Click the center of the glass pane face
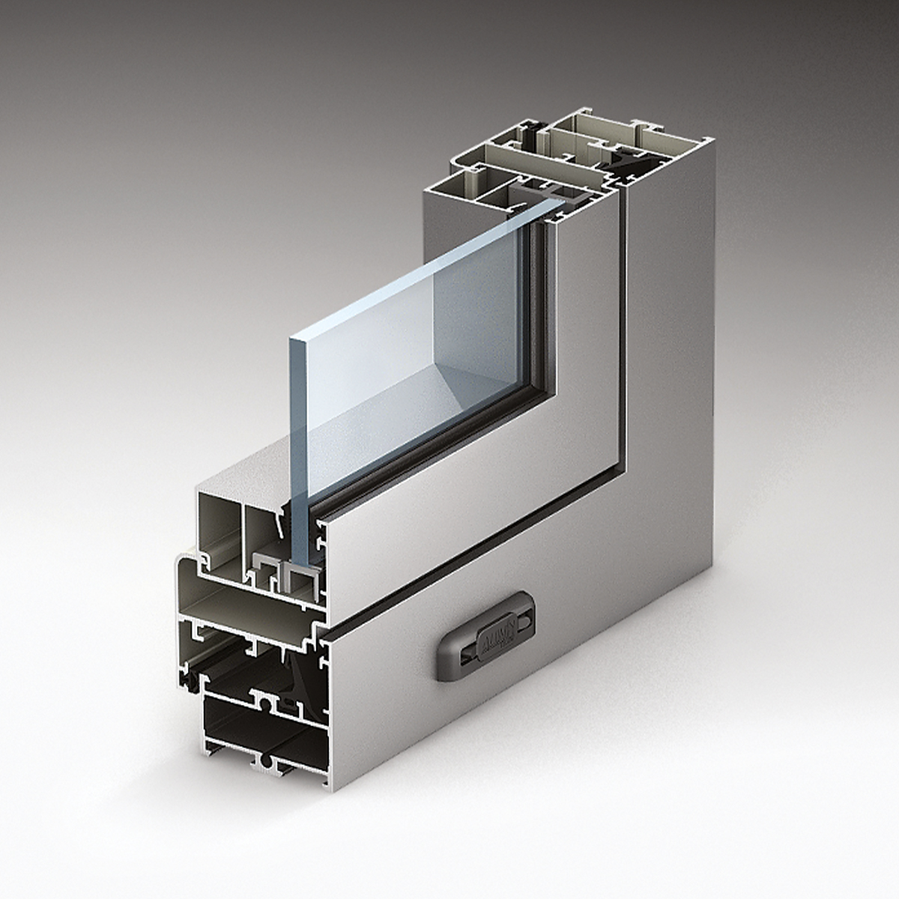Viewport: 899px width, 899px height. click(x=420, y=360)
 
